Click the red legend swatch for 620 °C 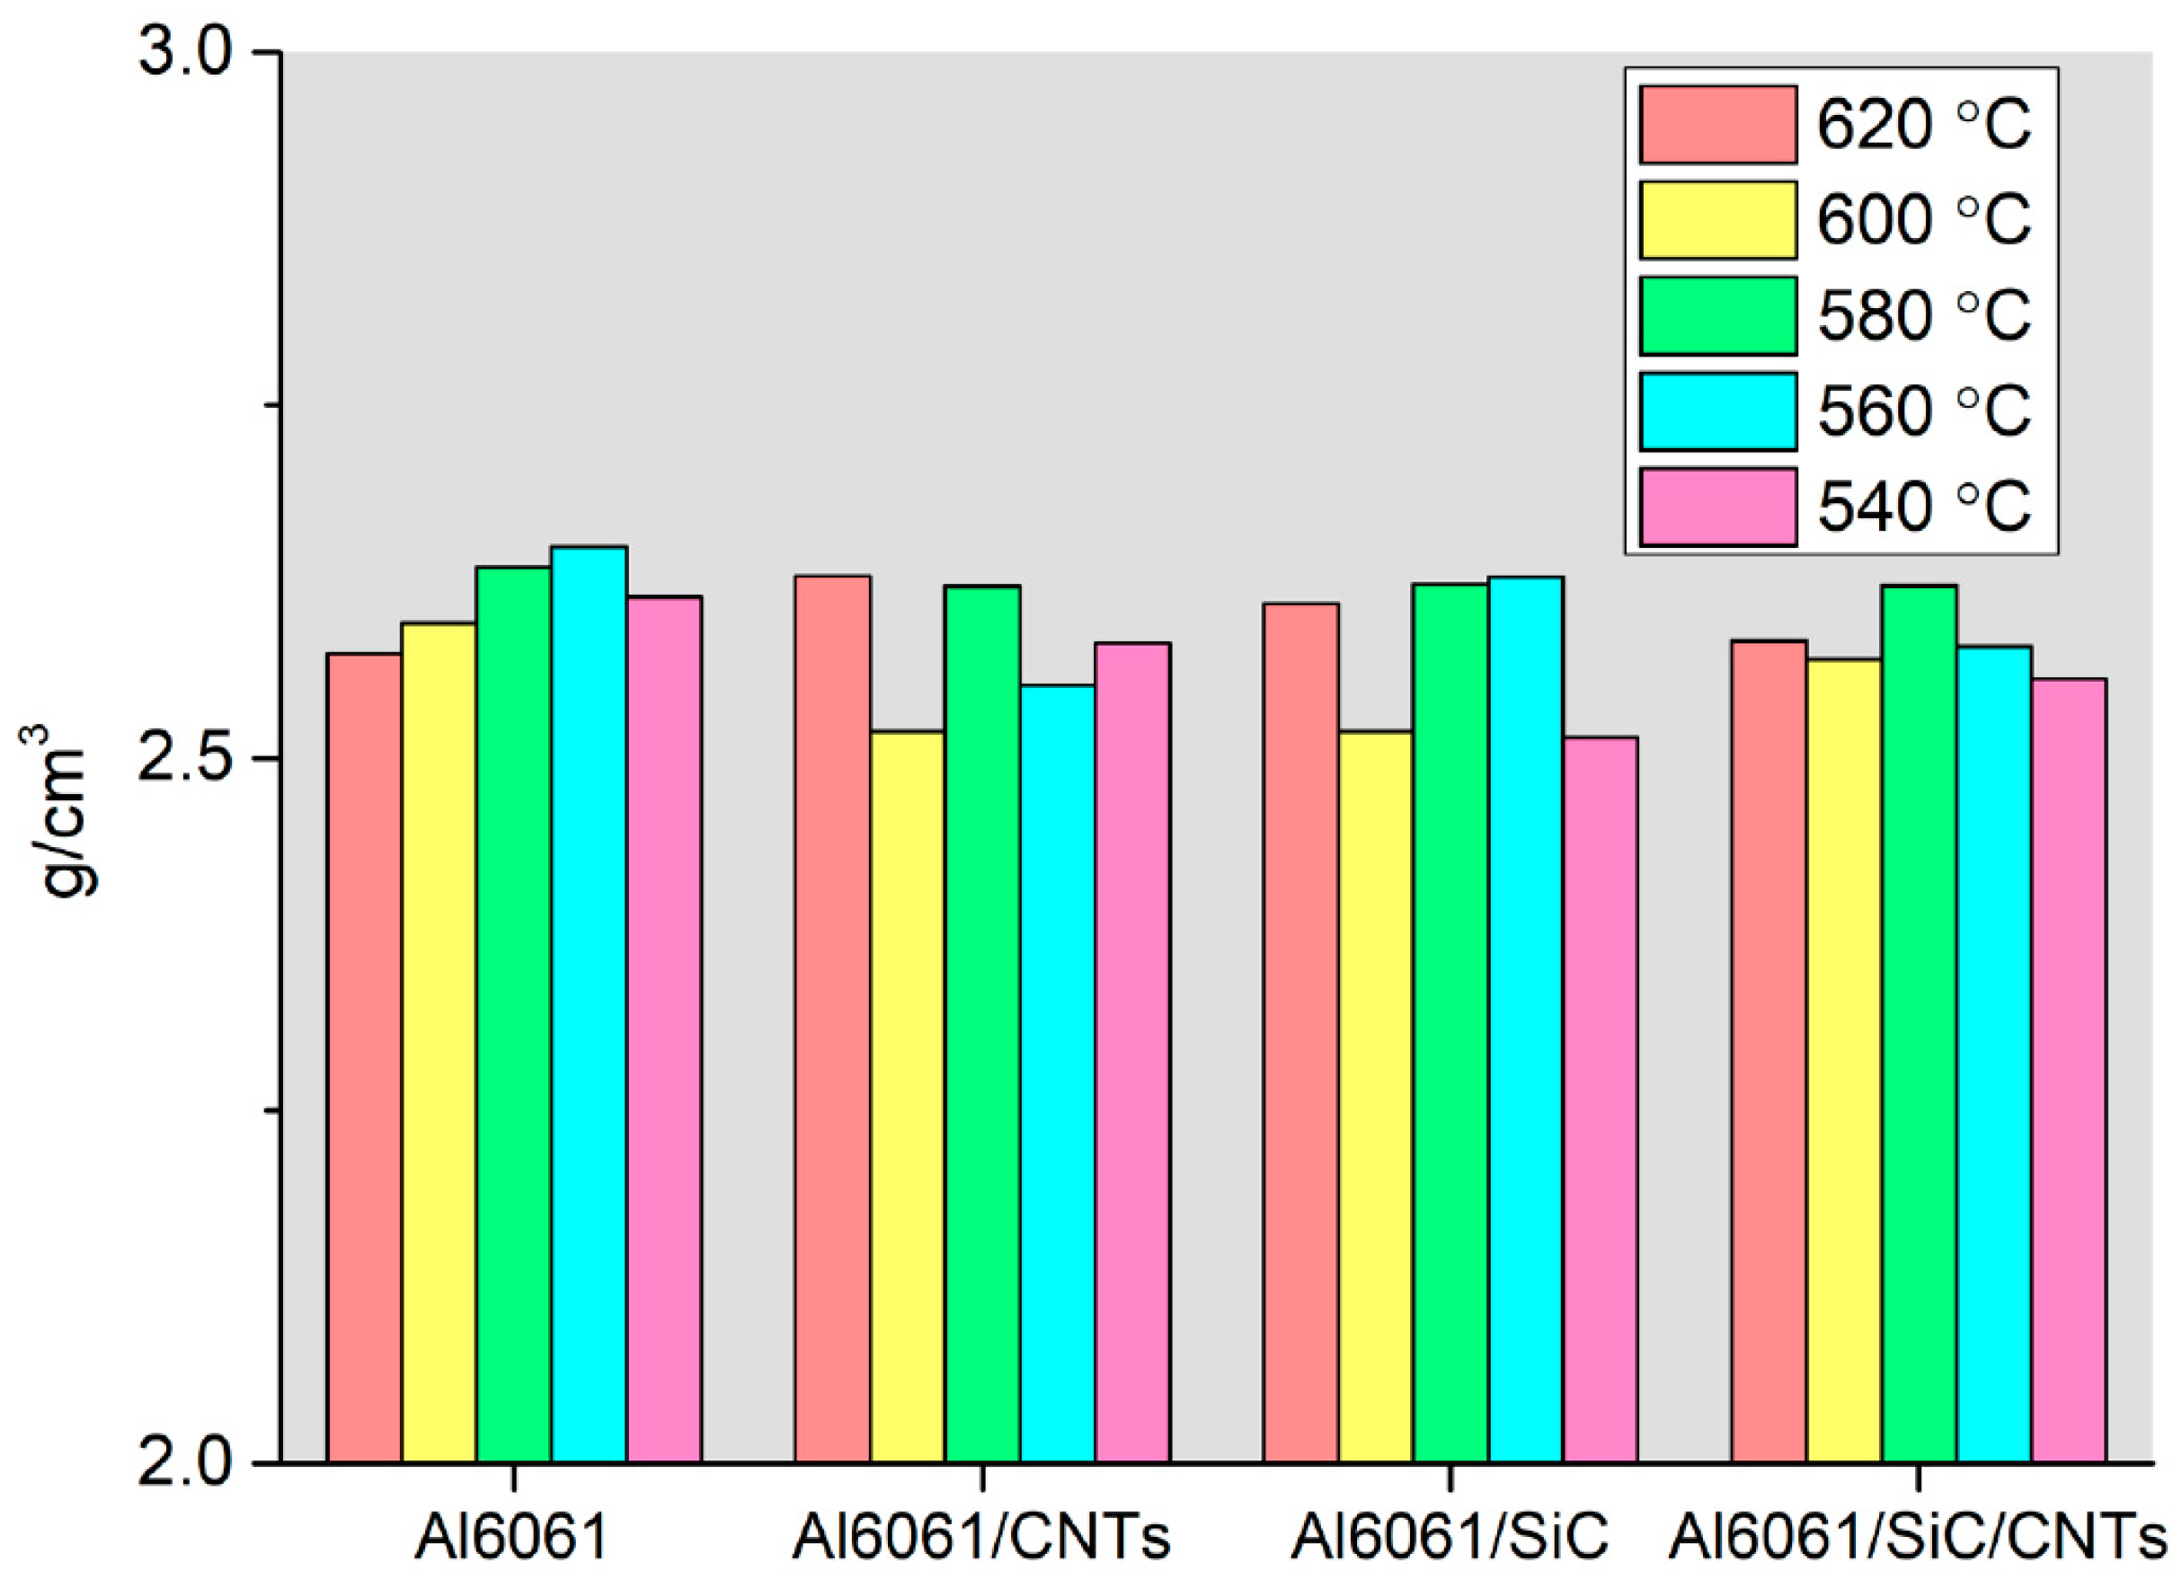[x=1718, y=125]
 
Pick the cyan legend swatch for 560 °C [x=1718, y=410]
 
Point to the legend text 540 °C [x=1924, y=507]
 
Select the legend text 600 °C [x=1924, y=220]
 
